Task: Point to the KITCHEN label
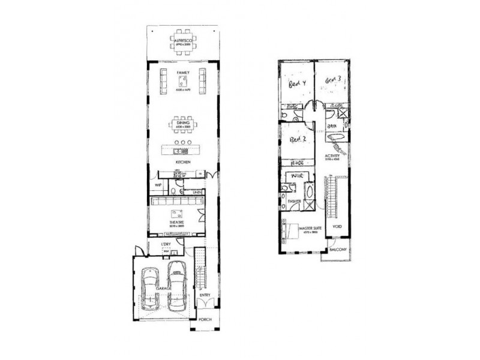(x=182, y=163)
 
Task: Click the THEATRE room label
(x=176, y=222)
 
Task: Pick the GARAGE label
(x=164, y=289)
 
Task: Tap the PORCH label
(x=205, y=320)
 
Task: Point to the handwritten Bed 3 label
(x=333, y=79)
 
